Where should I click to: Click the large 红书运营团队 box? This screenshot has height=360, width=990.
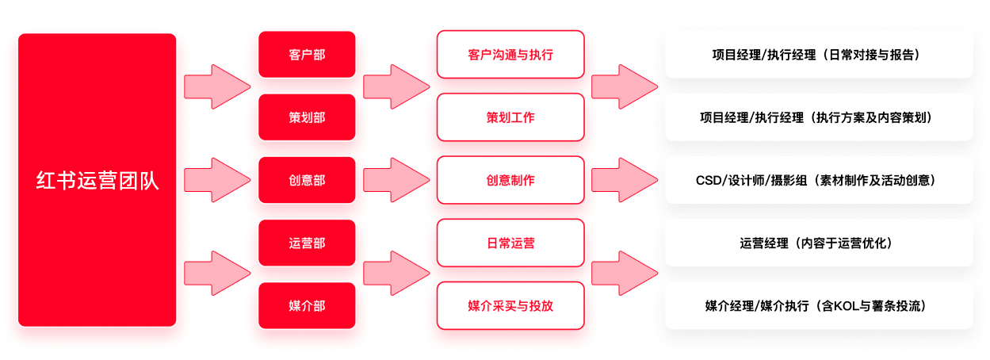97,180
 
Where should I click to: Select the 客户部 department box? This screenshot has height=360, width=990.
307,55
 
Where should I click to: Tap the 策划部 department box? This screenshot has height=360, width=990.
307,117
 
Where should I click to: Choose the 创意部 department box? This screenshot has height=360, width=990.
307,180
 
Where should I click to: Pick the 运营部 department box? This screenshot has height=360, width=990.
307,243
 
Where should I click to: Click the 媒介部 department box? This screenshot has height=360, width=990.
307,305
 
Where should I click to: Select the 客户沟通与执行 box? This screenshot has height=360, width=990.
510,55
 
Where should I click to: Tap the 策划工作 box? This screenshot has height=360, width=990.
510,117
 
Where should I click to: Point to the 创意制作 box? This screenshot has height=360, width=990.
510,180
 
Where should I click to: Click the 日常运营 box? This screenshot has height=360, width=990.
510,243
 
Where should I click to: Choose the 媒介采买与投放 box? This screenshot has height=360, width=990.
510,305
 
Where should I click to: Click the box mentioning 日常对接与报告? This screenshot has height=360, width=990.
818,55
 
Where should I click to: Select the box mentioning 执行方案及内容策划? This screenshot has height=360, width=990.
818,117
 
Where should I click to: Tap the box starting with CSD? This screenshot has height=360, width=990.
818,180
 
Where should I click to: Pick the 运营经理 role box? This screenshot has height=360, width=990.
818,243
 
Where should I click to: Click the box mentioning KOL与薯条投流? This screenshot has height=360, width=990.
818,305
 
